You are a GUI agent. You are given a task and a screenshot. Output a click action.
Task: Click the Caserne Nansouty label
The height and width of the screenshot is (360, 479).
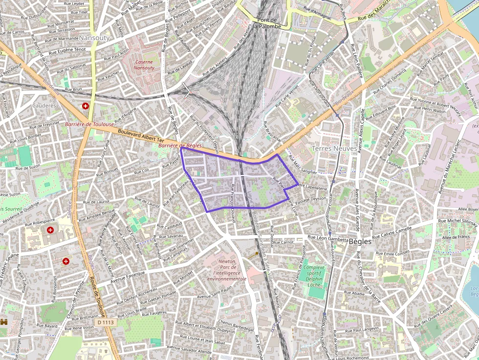(x=144, y=65)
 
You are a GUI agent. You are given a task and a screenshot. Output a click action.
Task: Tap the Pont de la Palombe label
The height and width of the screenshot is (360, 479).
(x=267, y=23)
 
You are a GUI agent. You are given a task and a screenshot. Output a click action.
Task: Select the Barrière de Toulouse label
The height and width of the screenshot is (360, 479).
(x=89, y=125)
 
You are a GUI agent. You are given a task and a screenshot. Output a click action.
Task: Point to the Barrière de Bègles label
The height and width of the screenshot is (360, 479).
(x=180, y=146)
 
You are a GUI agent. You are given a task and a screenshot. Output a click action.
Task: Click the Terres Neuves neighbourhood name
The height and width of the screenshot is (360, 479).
(x=335, y=148)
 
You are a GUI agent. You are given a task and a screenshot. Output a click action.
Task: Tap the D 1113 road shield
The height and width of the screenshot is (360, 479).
(x=105, y=322)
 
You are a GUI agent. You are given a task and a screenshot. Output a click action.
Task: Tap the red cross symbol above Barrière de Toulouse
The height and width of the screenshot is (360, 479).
(x=86, y=106)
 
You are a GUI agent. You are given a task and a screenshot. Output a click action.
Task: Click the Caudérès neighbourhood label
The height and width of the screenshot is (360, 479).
(x=44, y=105)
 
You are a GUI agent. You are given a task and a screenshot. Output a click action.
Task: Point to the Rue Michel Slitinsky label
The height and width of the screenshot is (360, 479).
(x=457, y=222)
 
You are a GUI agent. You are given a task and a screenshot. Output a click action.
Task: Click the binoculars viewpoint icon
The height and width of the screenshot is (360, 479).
(x=4, y=322)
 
